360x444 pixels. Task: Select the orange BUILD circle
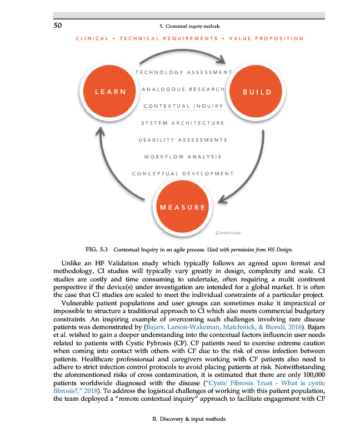[x=256, y=92]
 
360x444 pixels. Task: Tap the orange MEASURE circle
[x=183, y=208]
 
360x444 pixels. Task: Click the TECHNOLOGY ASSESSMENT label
[x=183, y=72]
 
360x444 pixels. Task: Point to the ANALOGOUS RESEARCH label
[x=183, y=89]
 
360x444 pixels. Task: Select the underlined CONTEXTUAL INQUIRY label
[x=183, y=106]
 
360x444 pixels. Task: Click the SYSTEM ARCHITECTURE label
[x=183, y=123]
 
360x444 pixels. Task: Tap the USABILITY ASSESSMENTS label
[x=183, y=139]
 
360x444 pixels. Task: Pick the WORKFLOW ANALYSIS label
[x=183, y=157]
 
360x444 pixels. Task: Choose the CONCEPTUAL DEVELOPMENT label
[x=183, y=173]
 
